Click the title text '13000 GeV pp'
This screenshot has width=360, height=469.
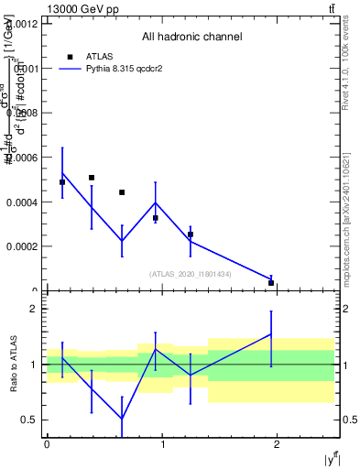tap(78, 8)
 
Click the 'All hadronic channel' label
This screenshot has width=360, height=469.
tap(191, 38)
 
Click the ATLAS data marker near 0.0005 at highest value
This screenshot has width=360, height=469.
tap(92, 178)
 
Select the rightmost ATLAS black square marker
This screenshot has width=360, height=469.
tap(271, 283)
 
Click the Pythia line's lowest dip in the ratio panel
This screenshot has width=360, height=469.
tap(122, 419)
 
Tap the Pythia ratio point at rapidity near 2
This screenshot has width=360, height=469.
tap(271, 334)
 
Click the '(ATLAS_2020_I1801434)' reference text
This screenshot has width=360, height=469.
tap(191, 274)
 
